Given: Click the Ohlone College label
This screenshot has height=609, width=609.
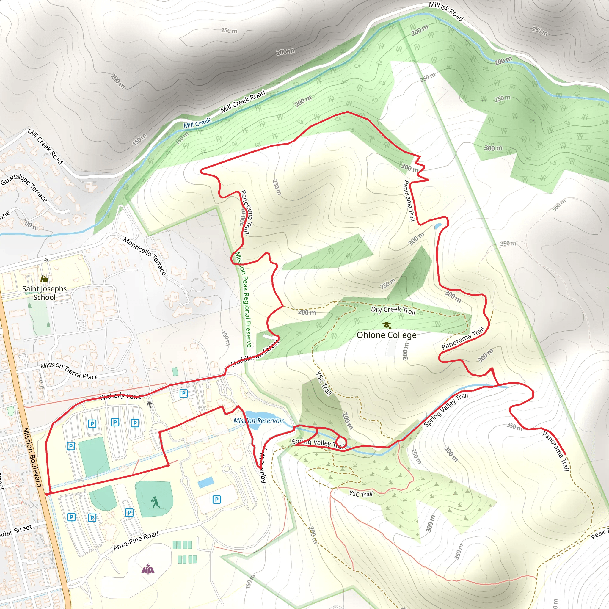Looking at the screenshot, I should click(387, 335).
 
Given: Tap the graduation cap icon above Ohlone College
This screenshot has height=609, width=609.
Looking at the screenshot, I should click(387, 325).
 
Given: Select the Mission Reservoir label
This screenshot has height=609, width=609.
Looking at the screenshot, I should click(258, 420).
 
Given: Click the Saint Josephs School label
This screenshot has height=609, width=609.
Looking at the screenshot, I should click(44, 293).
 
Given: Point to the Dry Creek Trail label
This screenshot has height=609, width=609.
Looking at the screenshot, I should click(393, 310).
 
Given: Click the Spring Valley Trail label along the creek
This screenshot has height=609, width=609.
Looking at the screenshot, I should click(445, 410).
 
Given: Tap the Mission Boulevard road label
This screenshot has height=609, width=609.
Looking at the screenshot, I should click(32, 457).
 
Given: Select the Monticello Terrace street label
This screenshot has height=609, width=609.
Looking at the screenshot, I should click(145, 256).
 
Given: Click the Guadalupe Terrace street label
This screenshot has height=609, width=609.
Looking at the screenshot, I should click(24, 188).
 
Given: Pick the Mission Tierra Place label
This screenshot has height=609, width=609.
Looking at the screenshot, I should click(69, 371).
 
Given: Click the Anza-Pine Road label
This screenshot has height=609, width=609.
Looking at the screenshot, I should click(136, 541).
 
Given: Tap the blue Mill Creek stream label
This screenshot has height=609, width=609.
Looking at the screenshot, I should click(197, 123).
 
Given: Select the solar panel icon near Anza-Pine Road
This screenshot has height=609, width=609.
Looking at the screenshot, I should click(148, 569).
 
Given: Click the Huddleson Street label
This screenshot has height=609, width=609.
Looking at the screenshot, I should click(256, 354).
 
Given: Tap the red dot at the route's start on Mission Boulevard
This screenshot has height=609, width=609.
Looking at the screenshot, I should click(47, 494).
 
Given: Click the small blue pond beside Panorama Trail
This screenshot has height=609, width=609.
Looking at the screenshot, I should click(437, 226).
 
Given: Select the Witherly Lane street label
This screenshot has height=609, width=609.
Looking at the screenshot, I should click(120, 397).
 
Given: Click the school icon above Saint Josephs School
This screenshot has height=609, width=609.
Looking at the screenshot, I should click(44, 279).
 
